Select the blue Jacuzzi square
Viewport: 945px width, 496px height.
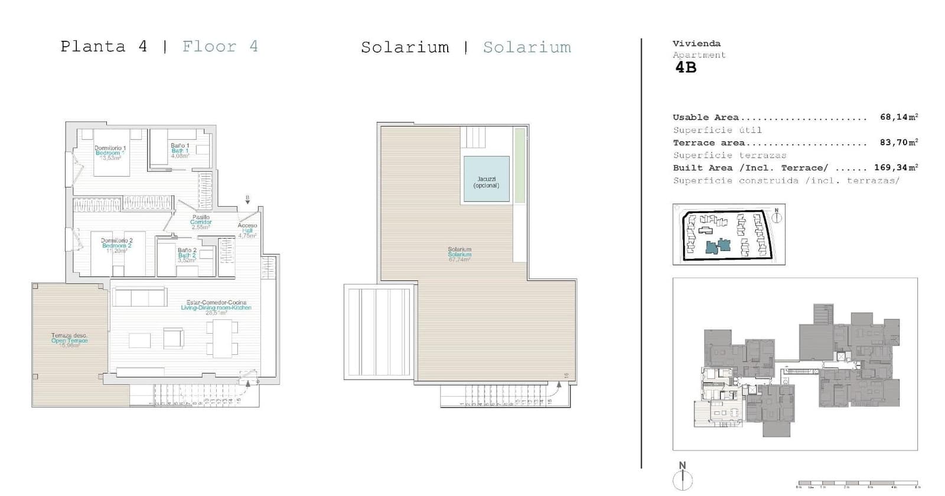click(x=486, y=179)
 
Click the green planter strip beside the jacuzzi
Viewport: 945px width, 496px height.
click(x=519, y=165)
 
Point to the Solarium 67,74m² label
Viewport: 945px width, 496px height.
click(x=460, y=254)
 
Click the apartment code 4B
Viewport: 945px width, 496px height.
click(x=686, y=67)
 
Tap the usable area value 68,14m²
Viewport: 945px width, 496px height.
click(x=898, y=117)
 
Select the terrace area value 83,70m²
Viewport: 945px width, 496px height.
click(x=898, y=142)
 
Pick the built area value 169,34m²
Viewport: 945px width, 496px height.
click(x=895, y=168)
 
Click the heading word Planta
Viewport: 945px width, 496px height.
click(x=93, y=47)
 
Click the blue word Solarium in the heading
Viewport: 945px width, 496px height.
click(x=527, y=47)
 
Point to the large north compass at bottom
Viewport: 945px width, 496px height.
click(x=683, y=477)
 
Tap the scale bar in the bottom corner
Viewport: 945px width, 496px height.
click(x=858, y=483)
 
